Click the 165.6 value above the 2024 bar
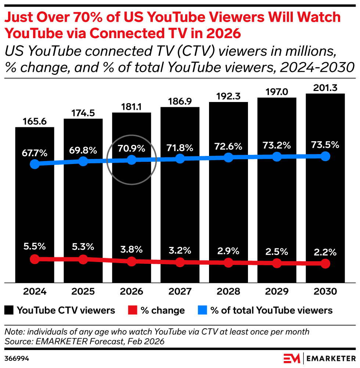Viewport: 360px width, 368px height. [35, 121]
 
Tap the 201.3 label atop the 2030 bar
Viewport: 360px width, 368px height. [325, 88]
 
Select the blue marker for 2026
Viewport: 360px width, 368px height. [132, 160]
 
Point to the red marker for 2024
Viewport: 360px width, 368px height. [35, 259]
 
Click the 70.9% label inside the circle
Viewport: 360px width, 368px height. [132, 148]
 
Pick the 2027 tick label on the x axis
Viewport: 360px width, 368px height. [180, 291]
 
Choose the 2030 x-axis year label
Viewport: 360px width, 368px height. [325, 291]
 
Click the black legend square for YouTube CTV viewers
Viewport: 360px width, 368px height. [9, 310]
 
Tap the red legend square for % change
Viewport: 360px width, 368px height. [133, 310]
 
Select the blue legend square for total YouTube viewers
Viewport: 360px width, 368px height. [202, 310]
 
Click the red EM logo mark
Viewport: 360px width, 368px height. [292, 358]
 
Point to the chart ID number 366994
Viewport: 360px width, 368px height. [17, 358]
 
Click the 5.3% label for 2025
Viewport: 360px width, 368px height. [83, 247]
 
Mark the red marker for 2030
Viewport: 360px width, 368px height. [325, 263]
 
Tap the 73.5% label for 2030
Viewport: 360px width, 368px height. [325, 145]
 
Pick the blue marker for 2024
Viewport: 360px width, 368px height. [35, 164]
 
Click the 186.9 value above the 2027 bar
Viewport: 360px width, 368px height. [180, 101]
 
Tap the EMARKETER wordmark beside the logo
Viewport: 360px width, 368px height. [331, 358]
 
